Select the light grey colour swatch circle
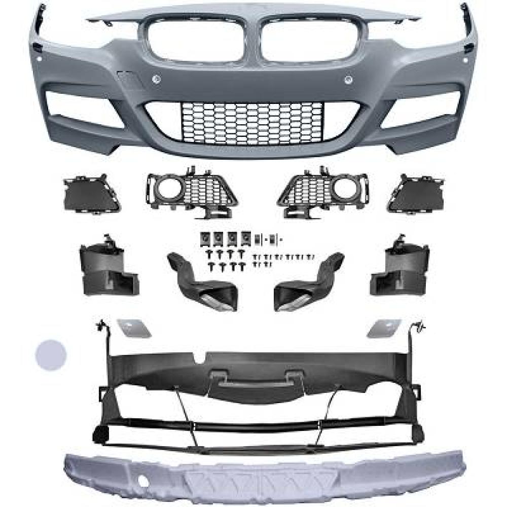pyautogui.click(x=51, y=354)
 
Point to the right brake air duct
pyautogui.click(x=306, y=281)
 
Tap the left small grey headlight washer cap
pyautogui.click(x=134, y=328)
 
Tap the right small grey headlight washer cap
pyautogui.click(x=384, y=328)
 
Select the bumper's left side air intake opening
pyautogui.click(x=86, y=108)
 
